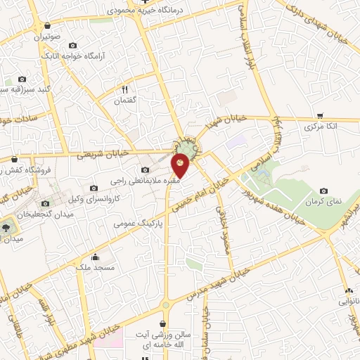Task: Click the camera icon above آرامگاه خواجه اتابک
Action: coord(72,45)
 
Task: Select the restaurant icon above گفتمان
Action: coord(124,89)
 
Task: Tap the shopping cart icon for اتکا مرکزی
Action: coord(320,116)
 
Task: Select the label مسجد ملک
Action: coord(94,268)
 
